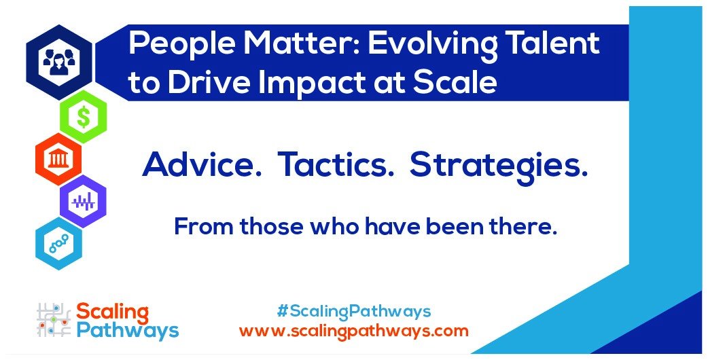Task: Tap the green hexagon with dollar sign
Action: click(84, 117)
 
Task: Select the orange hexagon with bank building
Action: click(58, 159)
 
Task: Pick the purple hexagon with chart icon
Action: click(84, 201)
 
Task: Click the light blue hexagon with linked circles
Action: click(58, 244)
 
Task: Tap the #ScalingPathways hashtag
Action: click(354, 312)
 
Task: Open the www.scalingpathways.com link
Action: click(354, 331)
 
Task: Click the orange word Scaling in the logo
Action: click(112, 312)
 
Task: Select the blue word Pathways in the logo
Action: click(127, 331)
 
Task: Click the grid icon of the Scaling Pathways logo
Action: click(53, 321)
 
